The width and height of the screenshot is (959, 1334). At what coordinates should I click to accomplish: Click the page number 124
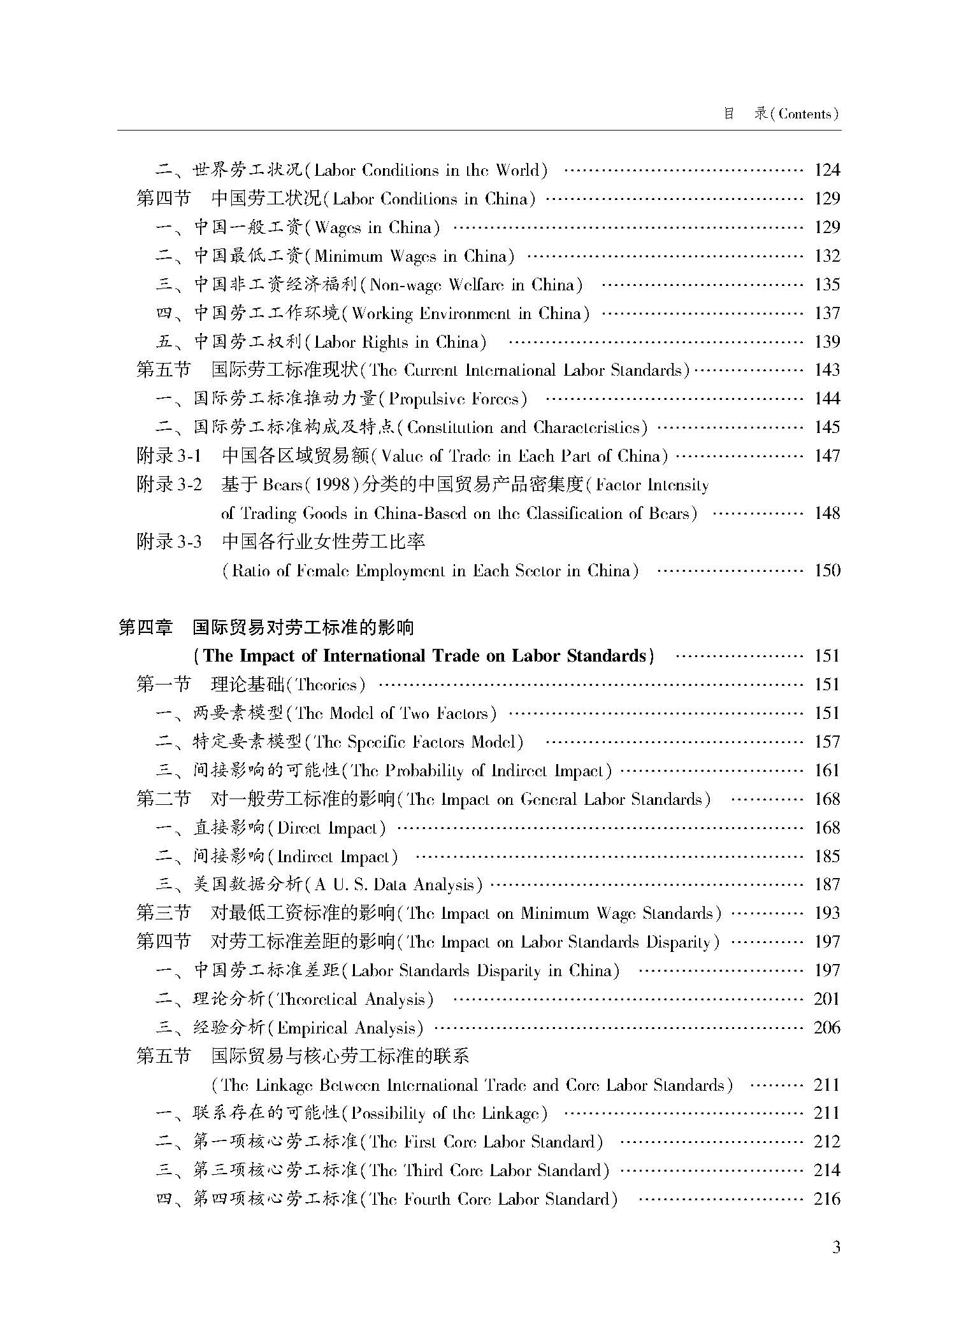click(x=827, y=170)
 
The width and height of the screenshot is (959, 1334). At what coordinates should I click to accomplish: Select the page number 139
click(x=827, y=342)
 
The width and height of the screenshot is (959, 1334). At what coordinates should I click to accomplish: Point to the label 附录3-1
click(x=169, y=456)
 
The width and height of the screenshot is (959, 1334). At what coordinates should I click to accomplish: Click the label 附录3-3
click(x=169, y=542)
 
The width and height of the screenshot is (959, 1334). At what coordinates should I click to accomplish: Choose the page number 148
click(x=827, y=513)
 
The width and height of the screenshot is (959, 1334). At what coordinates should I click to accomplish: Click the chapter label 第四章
click(x=146, y=628)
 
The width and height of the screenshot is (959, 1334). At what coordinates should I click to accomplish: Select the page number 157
click(x=827, y=742)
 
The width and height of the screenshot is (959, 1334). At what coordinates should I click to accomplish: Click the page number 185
click(x=827, y=856)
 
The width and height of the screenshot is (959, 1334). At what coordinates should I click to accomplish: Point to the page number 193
click(x=827, y=914)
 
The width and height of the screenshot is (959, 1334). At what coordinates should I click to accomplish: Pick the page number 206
click(x=827, y=1028)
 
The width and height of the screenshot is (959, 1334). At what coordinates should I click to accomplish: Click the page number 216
click(x=827, y=1200)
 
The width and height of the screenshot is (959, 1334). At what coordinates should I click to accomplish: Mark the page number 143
click(x=827, y=370)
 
